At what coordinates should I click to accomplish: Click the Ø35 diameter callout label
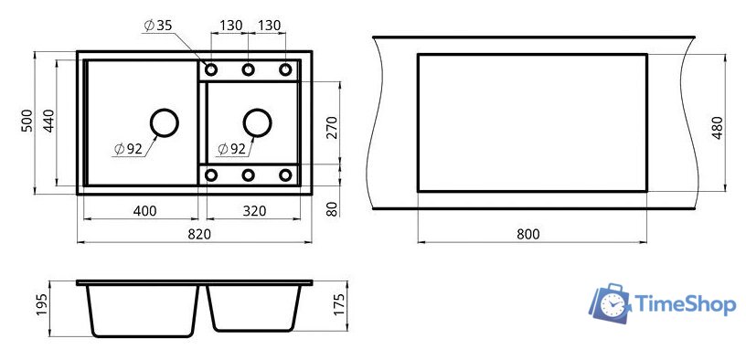click(157, 26)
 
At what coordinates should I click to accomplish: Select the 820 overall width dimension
click(200, 234)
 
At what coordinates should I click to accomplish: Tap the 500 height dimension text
click(28, 121)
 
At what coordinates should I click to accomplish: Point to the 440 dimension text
click(50, 121)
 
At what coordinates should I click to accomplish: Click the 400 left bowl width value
click(145, 211)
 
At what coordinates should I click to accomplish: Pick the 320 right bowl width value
click(254, 211)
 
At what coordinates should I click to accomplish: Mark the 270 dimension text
click(332, 127)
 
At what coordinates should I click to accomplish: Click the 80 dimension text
click(332, 208)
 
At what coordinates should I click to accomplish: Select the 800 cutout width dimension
click(528, 234)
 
